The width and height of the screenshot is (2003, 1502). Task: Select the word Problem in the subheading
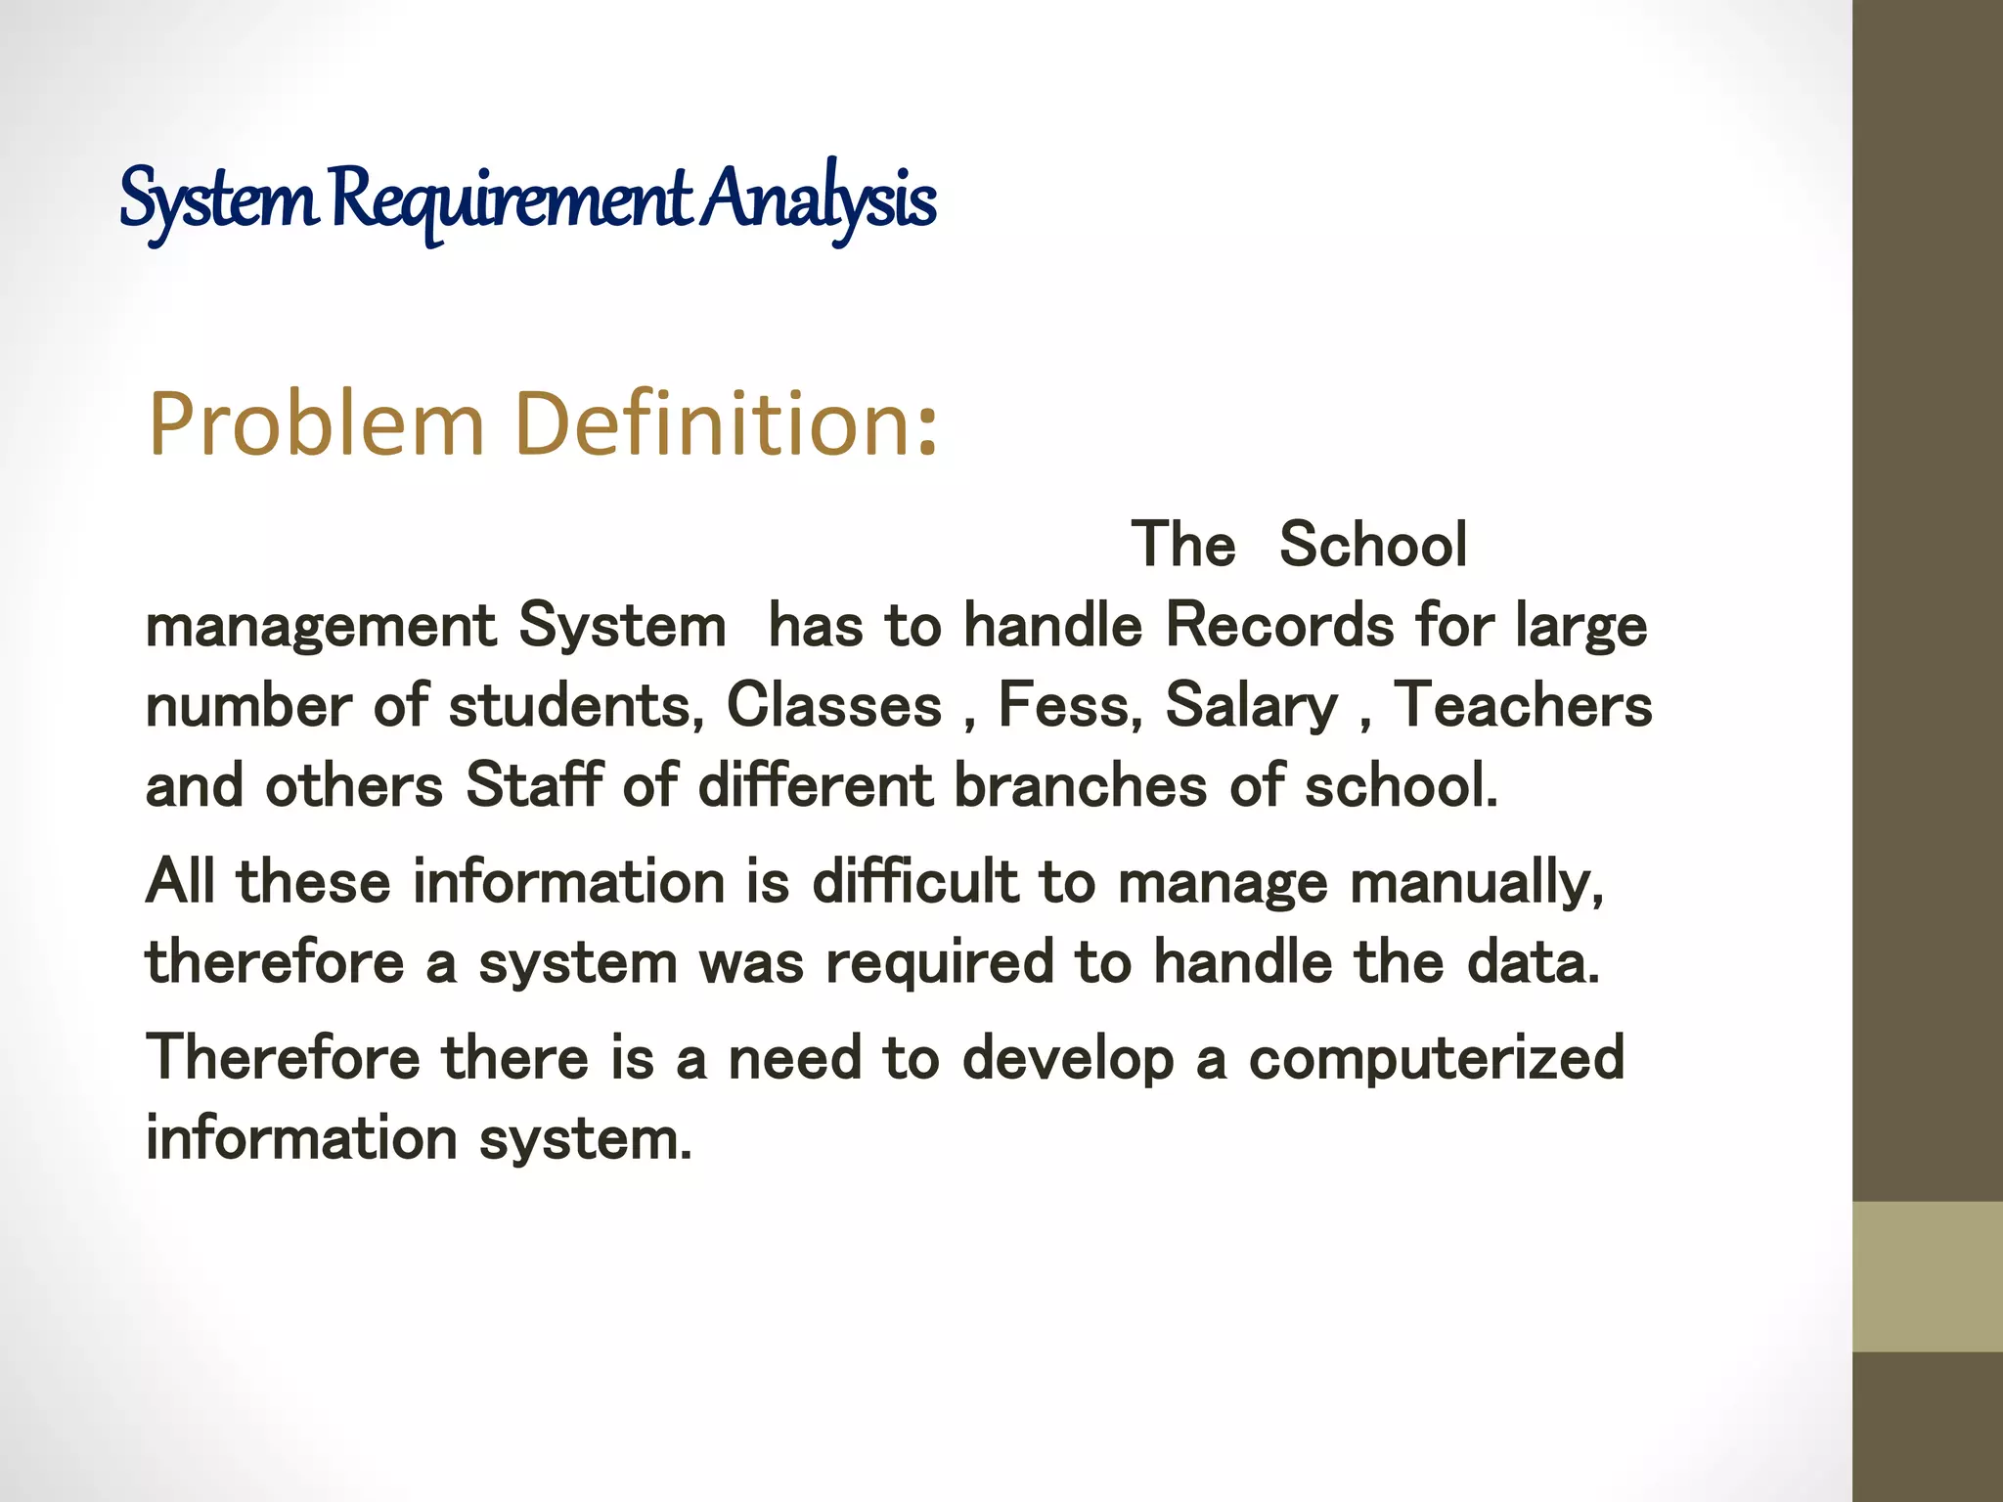(x=316, y=424)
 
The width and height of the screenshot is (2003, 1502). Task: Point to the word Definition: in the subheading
(x=726, y=424)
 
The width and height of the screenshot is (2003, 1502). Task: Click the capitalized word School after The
(x=1372, y=545)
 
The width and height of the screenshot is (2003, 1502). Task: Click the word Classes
(x=833, y=706)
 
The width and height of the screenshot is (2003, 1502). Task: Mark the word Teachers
(x=1522, y=706)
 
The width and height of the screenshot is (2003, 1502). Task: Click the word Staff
(x=533, y=785)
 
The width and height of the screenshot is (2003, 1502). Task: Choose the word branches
(x=1080, y=785)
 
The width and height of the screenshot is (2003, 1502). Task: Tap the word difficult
(x=914, y=882)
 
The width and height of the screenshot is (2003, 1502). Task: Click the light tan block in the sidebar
(x=1927, y=1277)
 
